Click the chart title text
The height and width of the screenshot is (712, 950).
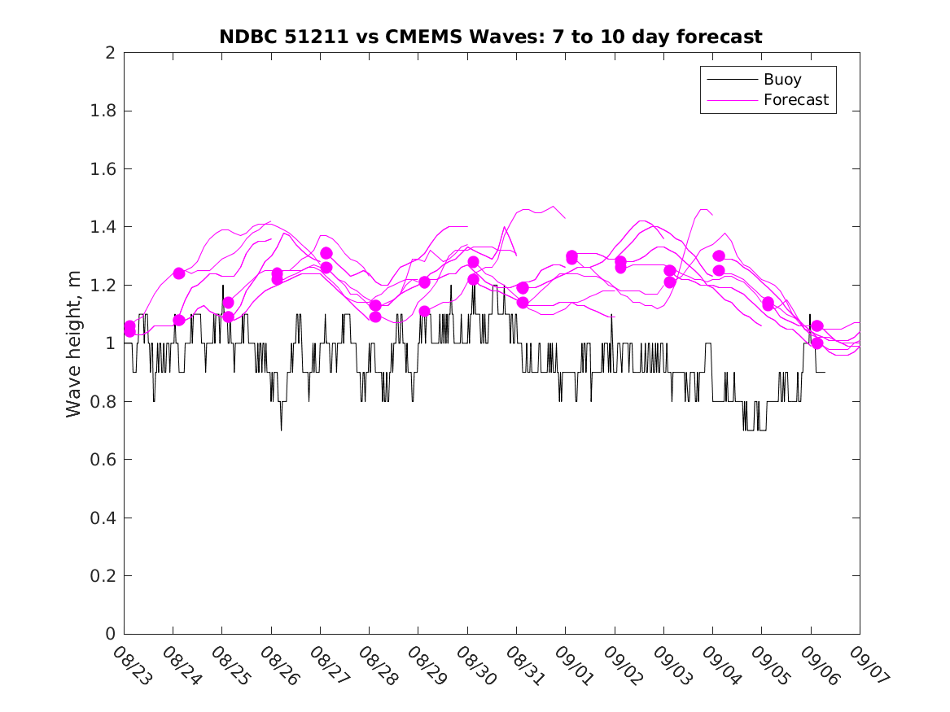point(490,37)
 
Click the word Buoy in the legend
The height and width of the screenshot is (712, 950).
point(782,80)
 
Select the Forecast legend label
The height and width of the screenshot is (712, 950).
point(796,100)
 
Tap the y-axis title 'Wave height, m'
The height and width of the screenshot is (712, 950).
point(74,343)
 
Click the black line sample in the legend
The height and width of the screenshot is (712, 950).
point(730,80)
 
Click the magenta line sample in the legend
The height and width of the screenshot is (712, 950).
point(730,100)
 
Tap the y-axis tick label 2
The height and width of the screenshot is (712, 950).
point(109,53)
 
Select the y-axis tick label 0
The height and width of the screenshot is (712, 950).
point(109,634)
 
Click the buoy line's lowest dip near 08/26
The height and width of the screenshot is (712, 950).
point(282,429)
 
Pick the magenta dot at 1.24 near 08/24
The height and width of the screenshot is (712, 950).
point(179,273)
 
